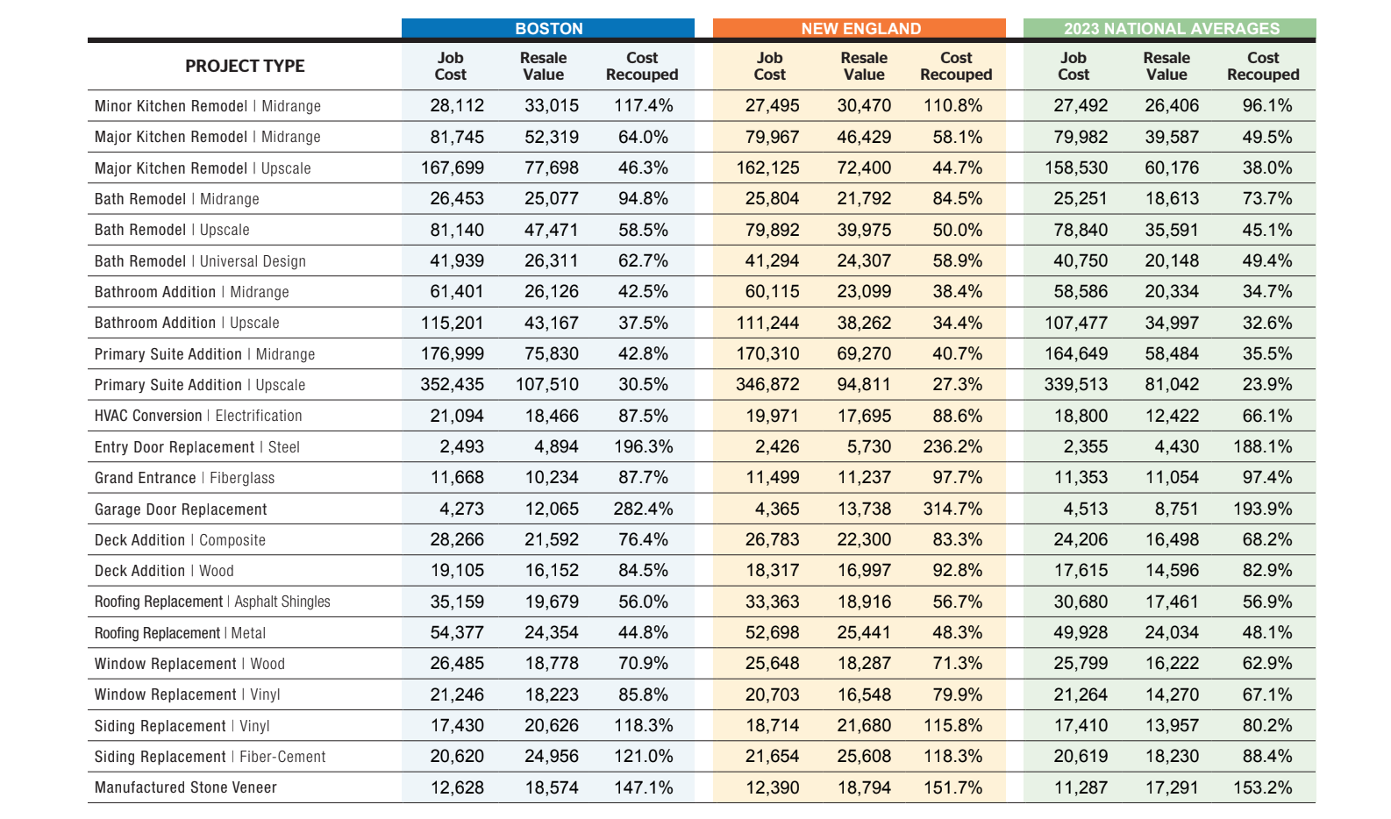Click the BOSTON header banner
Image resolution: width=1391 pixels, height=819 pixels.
coord(548,29)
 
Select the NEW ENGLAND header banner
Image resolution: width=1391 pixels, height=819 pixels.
coord(860,29)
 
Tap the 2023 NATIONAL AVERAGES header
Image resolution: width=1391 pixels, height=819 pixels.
coord(1171,29)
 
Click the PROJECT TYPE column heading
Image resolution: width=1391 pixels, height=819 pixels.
coord(245,66)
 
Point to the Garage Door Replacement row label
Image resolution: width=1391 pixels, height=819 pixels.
coord(181,509)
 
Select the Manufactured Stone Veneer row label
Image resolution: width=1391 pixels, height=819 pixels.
coord(186,787)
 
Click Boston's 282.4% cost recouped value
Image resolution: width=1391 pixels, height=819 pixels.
coord(643,509)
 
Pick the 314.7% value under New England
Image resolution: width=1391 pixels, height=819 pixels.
coord(952,509)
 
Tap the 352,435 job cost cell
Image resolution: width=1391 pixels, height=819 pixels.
coord(452,385)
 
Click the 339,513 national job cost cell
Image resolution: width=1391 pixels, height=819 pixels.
coord(1075,385)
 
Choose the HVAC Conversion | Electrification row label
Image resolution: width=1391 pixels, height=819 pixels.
coord(198,416)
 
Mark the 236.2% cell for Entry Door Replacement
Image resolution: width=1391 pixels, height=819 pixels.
coord(952,447)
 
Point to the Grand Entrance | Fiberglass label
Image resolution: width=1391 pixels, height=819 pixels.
coord(184,478)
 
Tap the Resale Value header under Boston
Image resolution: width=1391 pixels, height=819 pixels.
coord(543,66)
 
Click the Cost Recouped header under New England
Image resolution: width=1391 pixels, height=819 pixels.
coord(955,66)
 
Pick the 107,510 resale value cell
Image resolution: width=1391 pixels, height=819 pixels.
coord(546,385)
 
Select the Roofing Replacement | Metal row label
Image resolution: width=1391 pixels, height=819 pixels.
coord(180,633)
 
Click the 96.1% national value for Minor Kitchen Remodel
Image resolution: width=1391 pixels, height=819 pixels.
coord(1266,106)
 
